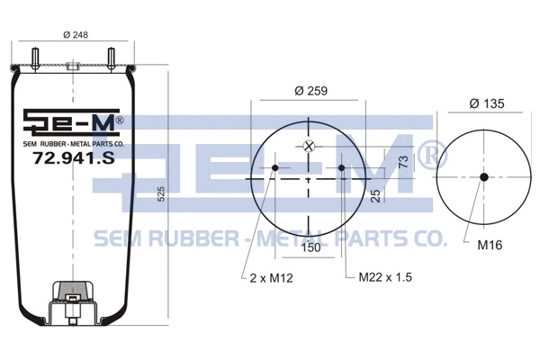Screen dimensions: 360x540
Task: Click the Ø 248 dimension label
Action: [75, 36]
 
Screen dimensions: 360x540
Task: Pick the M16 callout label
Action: [490, 244]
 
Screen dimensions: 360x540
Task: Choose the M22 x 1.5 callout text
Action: [386, 277]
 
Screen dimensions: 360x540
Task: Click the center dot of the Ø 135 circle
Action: [483, 176]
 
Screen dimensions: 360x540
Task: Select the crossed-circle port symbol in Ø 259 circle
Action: [309, 147]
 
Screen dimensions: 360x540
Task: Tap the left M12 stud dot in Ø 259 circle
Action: [275, 167]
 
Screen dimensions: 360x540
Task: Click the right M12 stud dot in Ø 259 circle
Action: [342, 167]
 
